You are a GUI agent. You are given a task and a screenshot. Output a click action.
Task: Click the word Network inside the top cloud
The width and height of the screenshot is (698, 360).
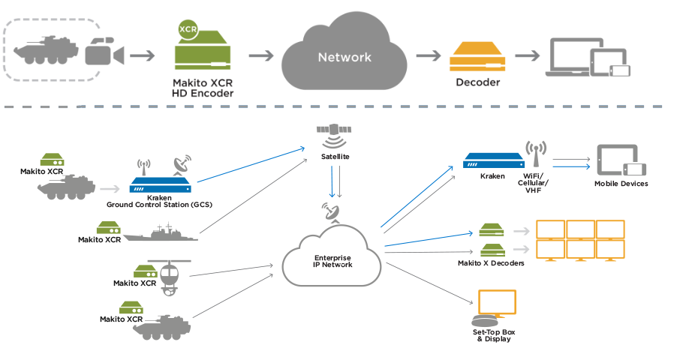[x=344, y=57]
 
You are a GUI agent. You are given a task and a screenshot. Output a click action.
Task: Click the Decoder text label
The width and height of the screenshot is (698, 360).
[x=477, y=82]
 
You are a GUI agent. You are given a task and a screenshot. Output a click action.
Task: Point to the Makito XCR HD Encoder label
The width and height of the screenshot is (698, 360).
[x=202, y=88]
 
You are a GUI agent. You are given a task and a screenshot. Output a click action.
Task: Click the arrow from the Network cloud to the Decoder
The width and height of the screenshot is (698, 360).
[x=427, y=55]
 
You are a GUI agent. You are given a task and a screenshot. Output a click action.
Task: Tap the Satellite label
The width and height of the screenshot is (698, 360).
[x=334, y=157]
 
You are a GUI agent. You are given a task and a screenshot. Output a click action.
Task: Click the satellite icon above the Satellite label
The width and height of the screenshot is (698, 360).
[x=334, y=136]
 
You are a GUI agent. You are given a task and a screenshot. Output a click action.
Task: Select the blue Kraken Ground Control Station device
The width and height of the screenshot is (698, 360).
[x=161, y=183]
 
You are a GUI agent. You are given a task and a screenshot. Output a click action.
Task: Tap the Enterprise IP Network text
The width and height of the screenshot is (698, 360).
[x=332, y=261]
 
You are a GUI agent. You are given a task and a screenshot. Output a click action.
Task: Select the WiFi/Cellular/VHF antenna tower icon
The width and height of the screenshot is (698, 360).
[x=535, y=154]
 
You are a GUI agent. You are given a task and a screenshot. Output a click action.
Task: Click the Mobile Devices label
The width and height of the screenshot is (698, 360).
[x=621, y=184]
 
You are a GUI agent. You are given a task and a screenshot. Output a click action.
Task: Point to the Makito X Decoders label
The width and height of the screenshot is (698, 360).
[x=491, y=262]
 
